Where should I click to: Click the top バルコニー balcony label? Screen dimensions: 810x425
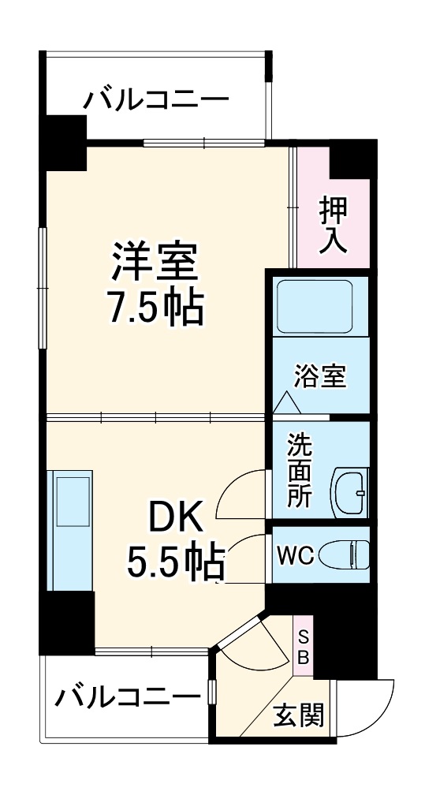click(157, 100)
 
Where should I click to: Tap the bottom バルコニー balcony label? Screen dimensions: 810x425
click(129, 696)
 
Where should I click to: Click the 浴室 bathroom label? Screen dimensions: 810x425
click(320, 375)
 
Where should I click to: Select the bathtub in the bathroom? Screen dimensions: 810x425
click(313, 304)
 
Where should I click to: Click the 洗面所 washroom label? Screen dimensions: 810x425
click(300, 470)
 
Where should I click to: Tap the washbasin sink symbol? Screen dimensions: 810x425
click(348, 491)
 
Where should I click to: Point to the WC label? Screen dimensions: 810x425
click(295, 555)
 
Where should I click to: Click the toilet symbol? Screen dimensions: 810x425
click(348, 554)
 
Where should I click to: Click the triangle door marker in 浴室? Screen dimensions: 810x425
click(285, 405)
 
